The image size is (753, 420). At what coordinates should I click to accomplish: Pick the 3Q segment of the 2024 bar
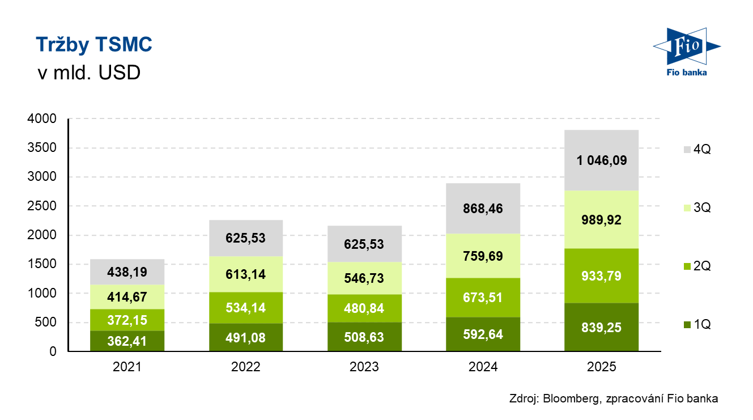[x=483, y=256]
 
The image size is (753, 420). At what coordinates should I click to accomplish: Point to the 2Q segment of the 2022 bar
[x=245, y=308]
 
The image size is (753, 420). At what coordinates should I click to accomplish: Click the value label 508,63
[x=364, y=337]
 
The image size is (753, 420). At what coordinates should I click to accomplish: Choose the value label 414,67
[x=127, y=296]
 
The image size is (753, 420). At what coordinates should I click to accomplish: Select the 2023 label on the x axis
[x=364, y=367]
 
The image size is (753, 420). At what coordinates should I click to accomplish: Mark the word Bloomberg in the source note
[x=570, y=398]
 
